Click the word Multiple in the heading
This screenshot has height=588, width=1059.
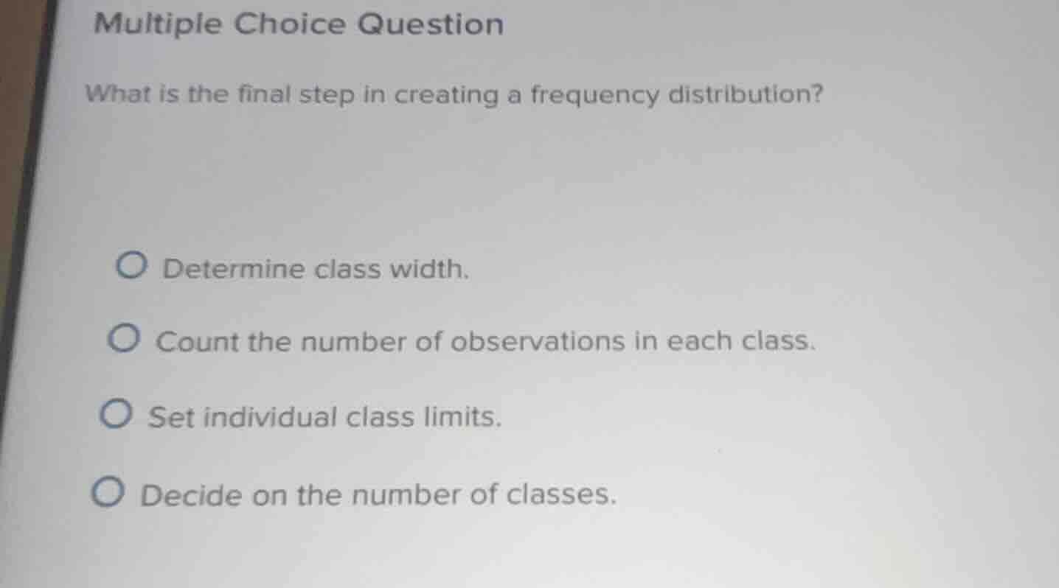pos(157,26)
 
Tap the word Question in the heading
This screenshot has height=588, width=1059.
pos(431,25)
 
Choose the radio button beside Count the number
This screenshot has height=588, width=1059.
pos(124,340)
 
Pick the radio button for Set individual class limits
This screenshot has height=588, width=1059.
pos(117,416)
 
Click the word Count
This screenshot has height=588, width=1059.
pos(198,342)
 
